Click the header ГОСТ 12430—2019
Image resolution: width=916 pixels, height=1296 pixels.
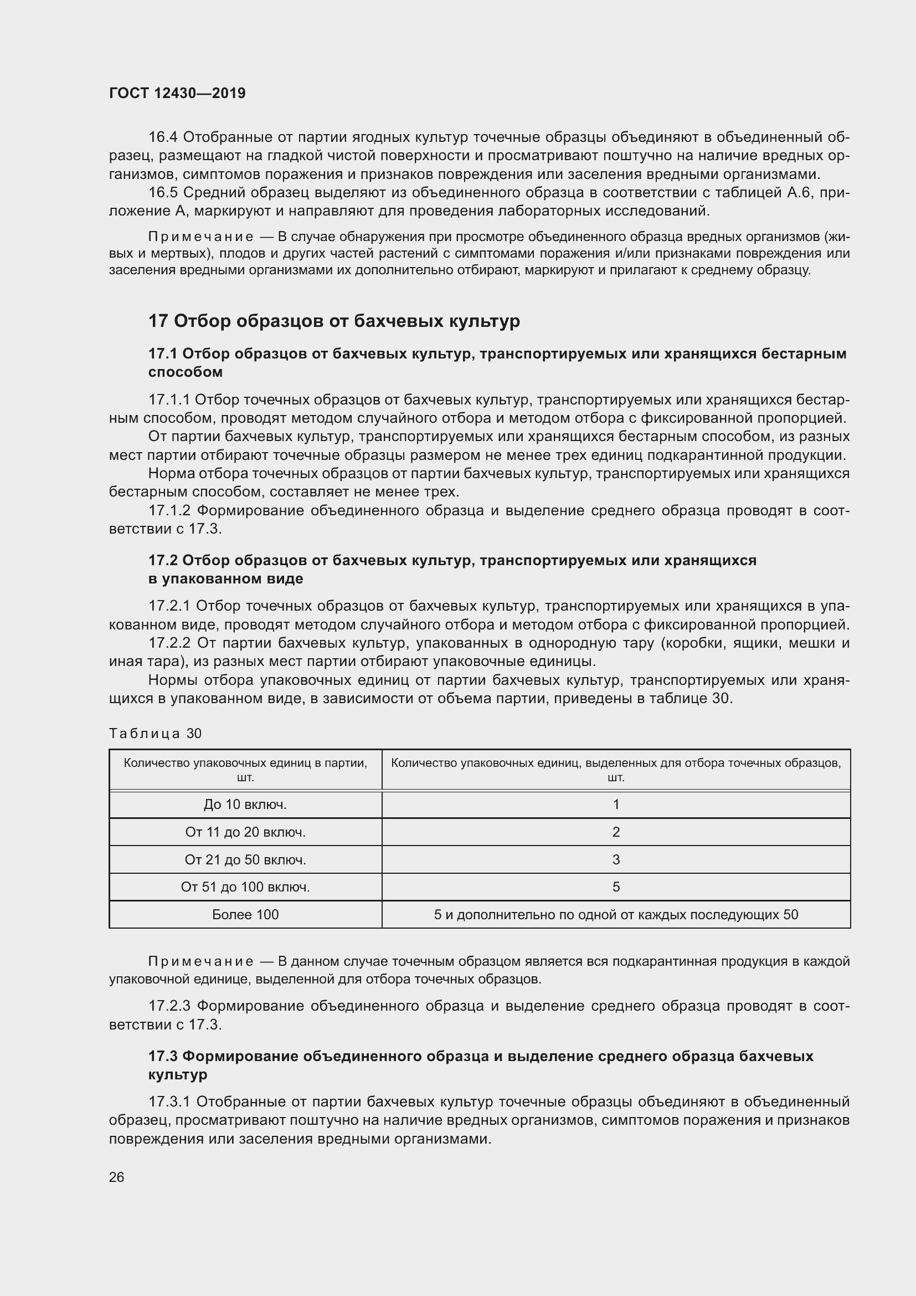(177, 94)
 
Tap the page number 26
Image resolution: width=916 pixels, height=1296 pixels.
(117, 1177)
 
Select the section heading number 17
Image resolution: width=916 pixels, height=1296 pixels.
(158, 321)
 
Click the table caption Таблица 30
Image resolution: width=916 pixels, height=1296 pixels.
(155, 733)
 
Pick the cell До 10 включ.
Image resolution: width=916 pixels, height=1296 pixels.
(245, 805)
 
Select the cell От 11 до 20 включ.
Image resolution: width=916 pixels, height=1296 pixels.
(245, 832)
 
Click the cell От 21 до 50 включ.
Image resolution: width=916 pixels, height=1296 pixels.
(245, 860)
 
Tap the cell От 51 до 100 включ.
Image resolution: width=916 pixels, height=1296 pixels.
(245, 887)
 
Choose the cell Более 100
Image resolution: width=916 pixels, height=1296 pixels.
(245, 914)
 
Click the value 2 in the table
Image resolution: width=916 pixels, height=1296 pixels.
(616, 832)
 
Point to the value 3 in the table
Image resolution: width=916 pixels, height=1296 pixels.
(616, 860)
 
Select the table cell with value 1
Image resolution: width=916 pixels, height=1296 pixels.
(616, 805)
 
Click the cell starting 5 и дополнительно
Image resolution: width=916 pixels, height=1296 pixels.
(616, 914)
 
